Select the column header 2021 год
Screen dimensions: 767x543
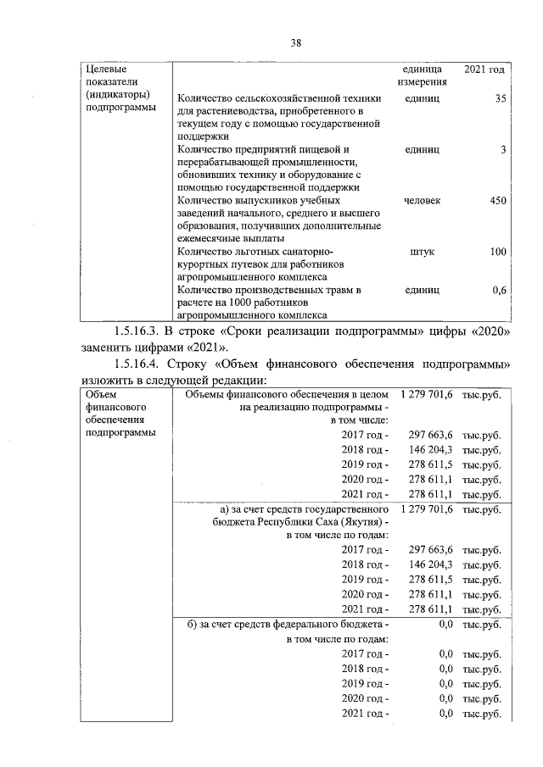(x=484, y=68)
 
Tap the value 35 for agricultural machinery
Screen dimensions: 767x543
(x=500, y=99)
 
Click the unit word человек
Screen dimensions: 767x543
(x=422, y=201)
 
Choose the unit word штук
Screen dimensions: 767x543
(x=422, y=252)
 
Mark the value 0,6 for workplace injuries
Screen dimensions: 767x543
(x=499, y=290)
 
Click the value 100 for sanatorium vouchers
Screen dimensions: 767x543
(x=498, y=252)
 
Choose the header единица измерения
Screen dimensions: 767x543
(x=422, y=75)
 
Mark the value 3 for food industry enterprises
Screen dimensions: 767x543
(x=503, y=150)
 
